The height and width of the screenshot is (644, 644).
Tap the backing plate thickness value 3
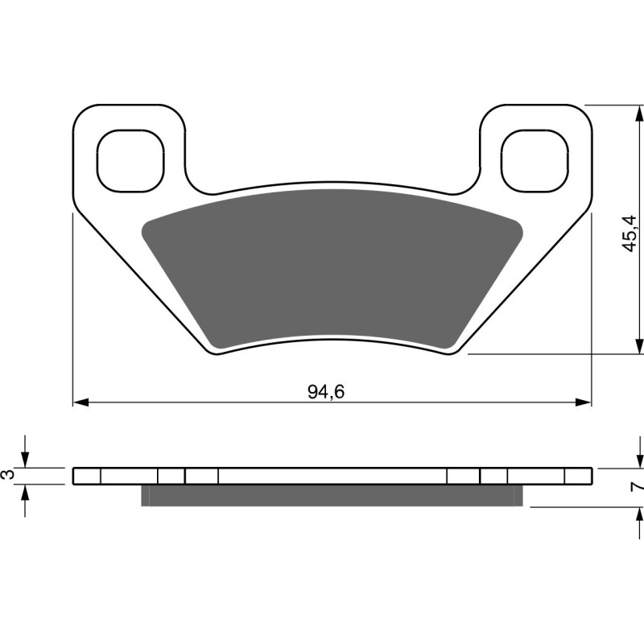(x=9, y=475)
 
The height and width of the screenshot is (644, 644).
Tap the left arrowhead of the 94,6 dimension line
(x=79, y=402)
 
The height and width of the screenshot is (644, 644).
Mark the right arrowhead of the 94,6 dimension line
(x=585, y=402)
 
